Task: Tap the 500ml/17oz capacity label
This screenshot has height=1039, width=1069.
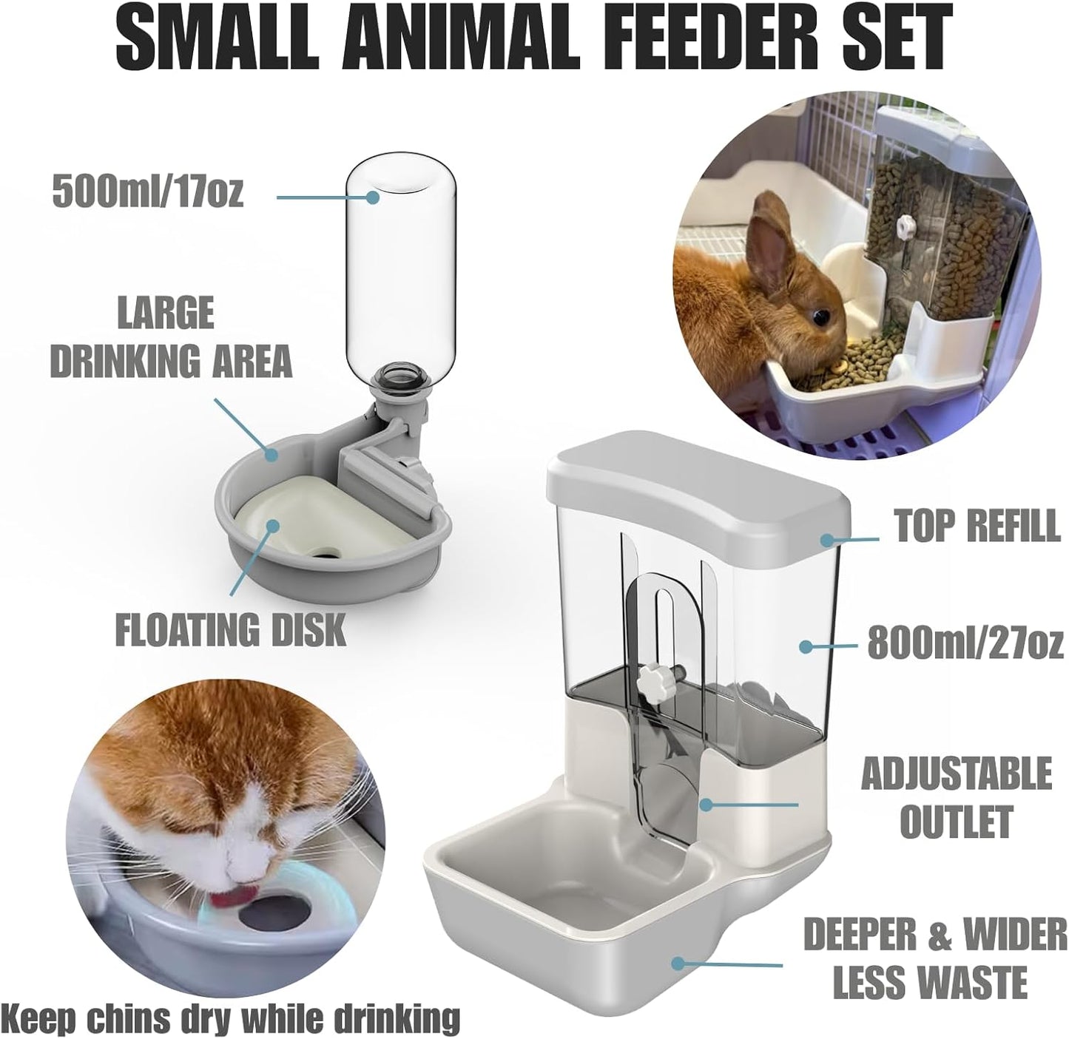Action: pyautogui.click(x=148, y=194)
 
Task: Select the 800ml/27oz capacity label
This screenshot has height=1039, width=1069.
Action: pyautogui.click(x=965, y=643)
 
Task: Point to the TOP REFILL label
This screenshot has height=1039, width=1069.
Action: pyautogui.click(x=977, y=527)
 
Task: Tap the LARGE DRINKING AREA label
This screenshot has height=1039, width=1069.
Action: pyautogui.click(x=171, y=336)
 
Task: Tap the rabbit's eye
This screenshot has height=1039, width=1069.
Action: pyautogui.click(x=820, y=316)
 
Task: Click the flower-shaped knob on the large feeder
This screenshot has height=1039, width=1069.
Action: pyautogui.click(x=653, y=674)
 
